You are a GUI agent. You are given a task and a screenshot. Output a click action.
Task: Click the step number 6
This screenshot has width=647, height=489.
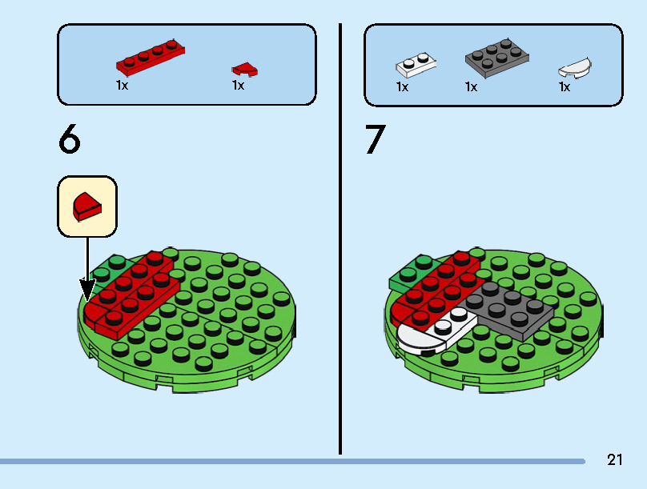[x=70, y=138]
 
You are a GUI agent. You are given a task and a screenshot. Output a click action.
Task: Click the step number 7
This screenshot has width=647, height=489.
[x=375, y=139]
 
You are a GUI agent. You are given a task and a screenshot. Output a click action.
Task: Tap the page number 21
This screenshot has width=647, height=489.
[x=614, y=459]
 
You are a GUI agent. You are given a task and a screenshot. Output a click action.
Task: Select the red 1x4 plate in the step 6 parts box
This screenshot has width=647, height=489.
[x=151, y=58]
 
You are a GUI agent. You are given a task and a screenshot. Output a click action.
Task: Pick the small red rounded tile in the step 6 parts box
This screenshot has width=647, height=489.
[x=245, y=70]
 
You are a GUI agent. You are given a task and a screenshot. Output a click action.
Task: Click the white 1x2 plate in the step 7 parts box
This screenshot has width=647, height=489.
[x=416, y=65]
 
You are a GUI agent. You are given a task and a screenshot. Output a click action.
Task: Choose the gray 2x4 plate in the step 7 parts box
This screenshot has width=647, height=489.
[x=496, y=58]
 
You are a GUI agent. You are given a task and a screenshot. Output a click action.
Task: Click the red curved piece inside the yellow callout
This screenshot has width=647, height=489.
[x=87, y=206]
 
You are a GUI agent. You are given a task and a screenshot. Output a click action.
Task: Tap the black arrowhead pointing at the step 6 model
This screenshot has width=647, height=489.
[x=87, y=291]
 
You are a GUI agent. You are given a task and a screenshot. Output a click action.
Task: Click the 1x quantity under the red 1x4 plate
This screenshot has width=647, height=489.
[x=123, y=86]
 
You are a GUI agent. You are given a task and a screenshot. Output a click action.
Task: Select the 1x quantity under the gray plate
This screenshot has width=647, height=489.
[x=471, y=87]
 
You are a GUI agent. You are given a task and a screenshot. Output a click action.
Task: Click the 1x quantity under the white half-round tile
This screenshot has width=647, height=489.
[x=565, y=87]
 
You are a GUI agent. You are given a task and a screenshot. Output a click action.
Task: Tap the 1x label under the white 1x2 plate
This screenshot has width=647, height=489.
[x=402, y=87]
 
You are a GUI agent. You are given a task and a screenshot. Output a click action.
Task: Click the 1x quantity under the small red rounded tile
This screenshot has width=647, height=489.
[x=238, y=86]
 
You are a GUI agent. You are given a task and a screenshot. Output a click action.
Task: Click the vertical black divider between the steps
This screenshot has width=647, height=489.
[x=340, y=239]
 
